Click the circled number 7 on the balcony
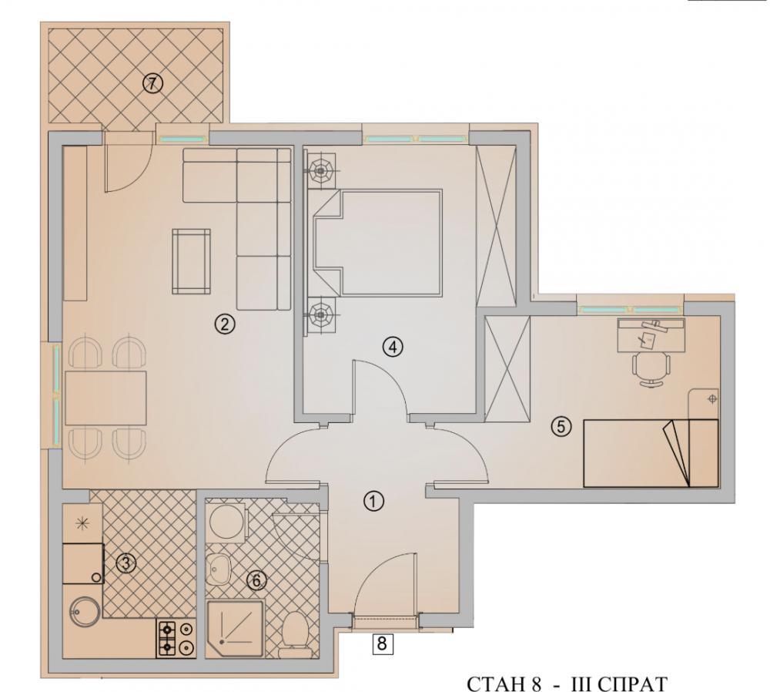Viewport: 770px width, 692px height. pyautogui.click(x=152, y=83)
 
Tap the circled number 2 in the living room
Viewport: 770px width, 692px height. pyautogui.click(x=225, y=324)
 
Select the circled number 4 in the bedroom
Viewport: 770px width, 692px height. pyautogui.click(x=393, y=348)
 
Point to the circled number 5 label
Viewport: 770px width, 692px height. pyautogui.click(x=561, y=426)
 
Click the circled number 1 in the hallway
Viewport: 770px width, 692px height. pyautogui.click(x=373, y=502)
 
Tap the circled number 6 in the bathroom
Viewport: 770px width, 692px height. pyautogui.click(x=256, y=580)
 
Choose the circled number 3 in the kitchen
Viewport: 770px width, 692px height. pyautogui.click(x=126, y=563)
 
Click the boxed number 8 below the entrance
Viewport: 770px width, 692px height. pyautogui.click(x=383, y=643)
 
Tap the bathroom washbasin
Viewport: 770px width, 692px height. pyautogui.click(x=219, y=569)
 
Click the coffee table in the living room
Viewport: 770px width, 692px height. pyautogui.click(x=192, y=261)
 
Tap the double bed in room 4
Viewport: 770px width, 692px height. pyautogui.click(x=377, y=243)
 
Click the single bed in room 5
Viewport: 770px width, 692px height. pyautogui.click(x=651, y=453)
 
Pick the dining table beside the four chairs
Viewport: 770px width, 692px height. pyautogui.click(x=105, y=398)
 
